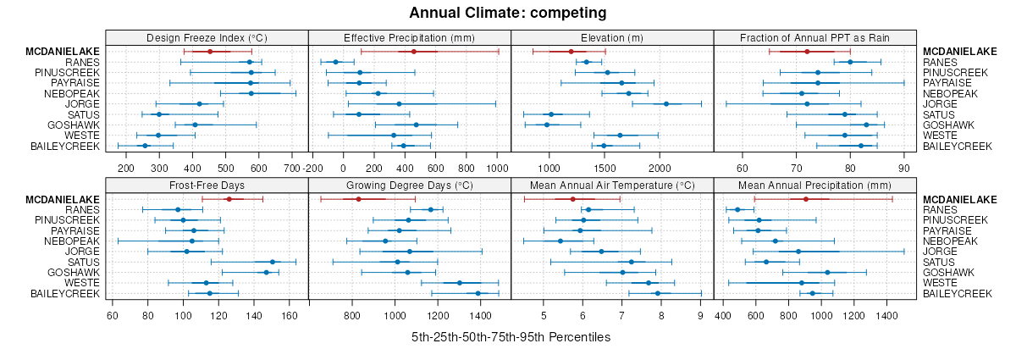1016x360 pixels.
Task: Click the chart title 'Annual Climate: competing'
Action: click(x=508, y=13)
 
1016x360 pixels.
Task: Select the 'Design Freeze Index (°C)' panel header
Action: click(x=207, y=37)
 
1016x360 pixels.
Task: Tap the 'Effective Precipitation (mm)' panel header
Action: click(x=410, y=37)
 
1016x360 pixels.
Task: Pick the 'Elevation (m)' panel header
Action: click(x=612, y=37)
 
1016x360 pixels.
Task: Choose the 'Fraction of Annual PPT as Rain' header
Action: click(x=814, y=37)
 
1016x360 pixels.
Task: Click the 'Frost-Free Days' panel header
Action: click(x=207, y=185)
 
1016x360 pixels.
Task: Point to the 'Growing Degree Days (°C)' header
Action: click(x=410, y=185)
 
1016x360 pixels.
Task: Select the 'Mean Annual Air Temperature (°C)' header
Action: click(x=612, y=185)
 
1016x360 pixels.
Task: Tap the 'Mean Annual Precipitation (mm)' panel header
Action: click(x=814, y=185)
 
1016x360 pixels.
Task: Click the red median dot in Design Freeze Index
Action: click(x=210, y=52)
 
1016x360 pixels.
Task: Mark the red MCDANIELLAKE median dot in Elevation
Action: click(x=572, y=52)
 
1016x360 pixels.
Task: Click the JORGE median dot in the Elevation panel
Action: click(x=666, y=104)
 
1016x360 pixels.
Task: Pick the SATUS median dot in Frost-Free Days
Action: click(x=272, y=262)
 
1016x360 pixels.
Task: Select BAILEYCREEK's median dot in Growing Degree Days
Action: click(x=478, y=293)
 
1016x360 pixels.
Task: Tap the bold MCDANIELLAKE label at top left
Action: click(x=63, y=52)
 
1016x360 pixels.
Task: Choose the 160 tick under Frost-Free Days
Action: click(x=290, y=316)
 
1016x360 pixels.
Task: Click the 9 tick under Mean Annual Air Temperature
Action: click(x=700, y=316)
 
